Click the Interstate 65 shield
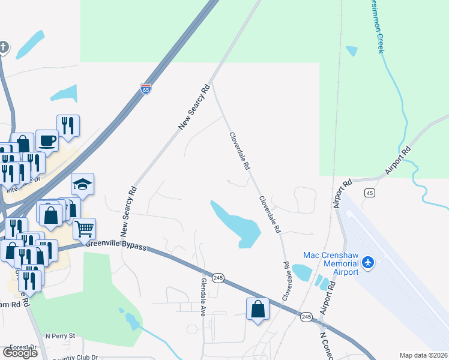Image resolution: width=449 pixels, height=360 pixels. tap(146, 88)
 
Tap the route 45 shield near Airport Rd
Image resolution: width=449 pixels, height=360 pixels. tap(370, 193)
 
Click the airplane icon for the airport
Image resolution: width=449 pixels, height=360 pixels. tap(368, 263)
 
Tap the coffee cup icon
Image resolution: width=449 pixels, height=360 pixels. tap(47, 140)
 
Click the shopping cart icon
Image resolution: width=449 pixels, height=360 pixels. tap(84, 227)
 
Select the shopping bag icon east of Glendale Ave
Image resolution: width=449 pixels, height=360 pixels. tap(258, 308)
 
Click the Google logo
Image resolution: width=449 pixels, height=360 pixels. tap(20, 352)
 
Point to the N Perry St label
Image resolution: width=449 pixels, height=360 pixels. tap(62, 335)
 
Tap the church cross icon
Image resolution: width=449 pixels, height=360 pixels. tap(4, 46)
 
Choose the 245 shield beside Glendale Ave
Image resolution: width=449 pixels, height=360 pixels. tap(218, 277)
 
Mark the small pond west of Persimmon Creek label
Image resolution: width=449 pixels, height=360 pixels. tap(352, 51)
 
